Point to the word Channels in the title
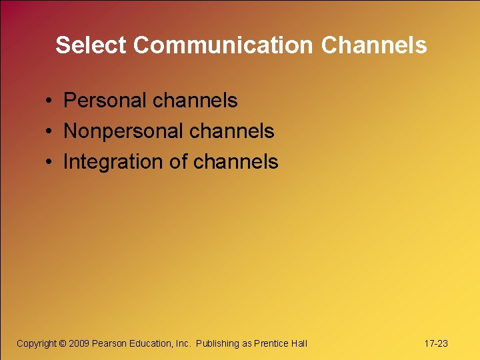point(374,45)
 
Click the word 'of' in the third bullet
point(179,162)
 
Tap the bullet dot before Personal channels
point(50,101)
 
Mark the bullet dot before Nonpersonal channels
point(50,132)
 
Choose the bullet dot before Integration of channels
point(50,163)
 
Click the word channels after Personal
point(195,101)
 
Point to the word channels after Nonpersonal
point(231,131)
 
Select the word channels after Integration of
point(236,162)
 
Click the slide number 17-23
point(436,343)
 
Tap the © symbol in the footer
point(63,343)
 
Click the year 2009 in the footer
point(79,343)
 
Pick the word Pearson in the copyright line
point(109,343)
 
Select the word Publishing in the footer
point(217,343)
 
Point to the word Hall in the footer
point(299,343)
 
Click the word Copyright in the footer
point(37,343)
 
